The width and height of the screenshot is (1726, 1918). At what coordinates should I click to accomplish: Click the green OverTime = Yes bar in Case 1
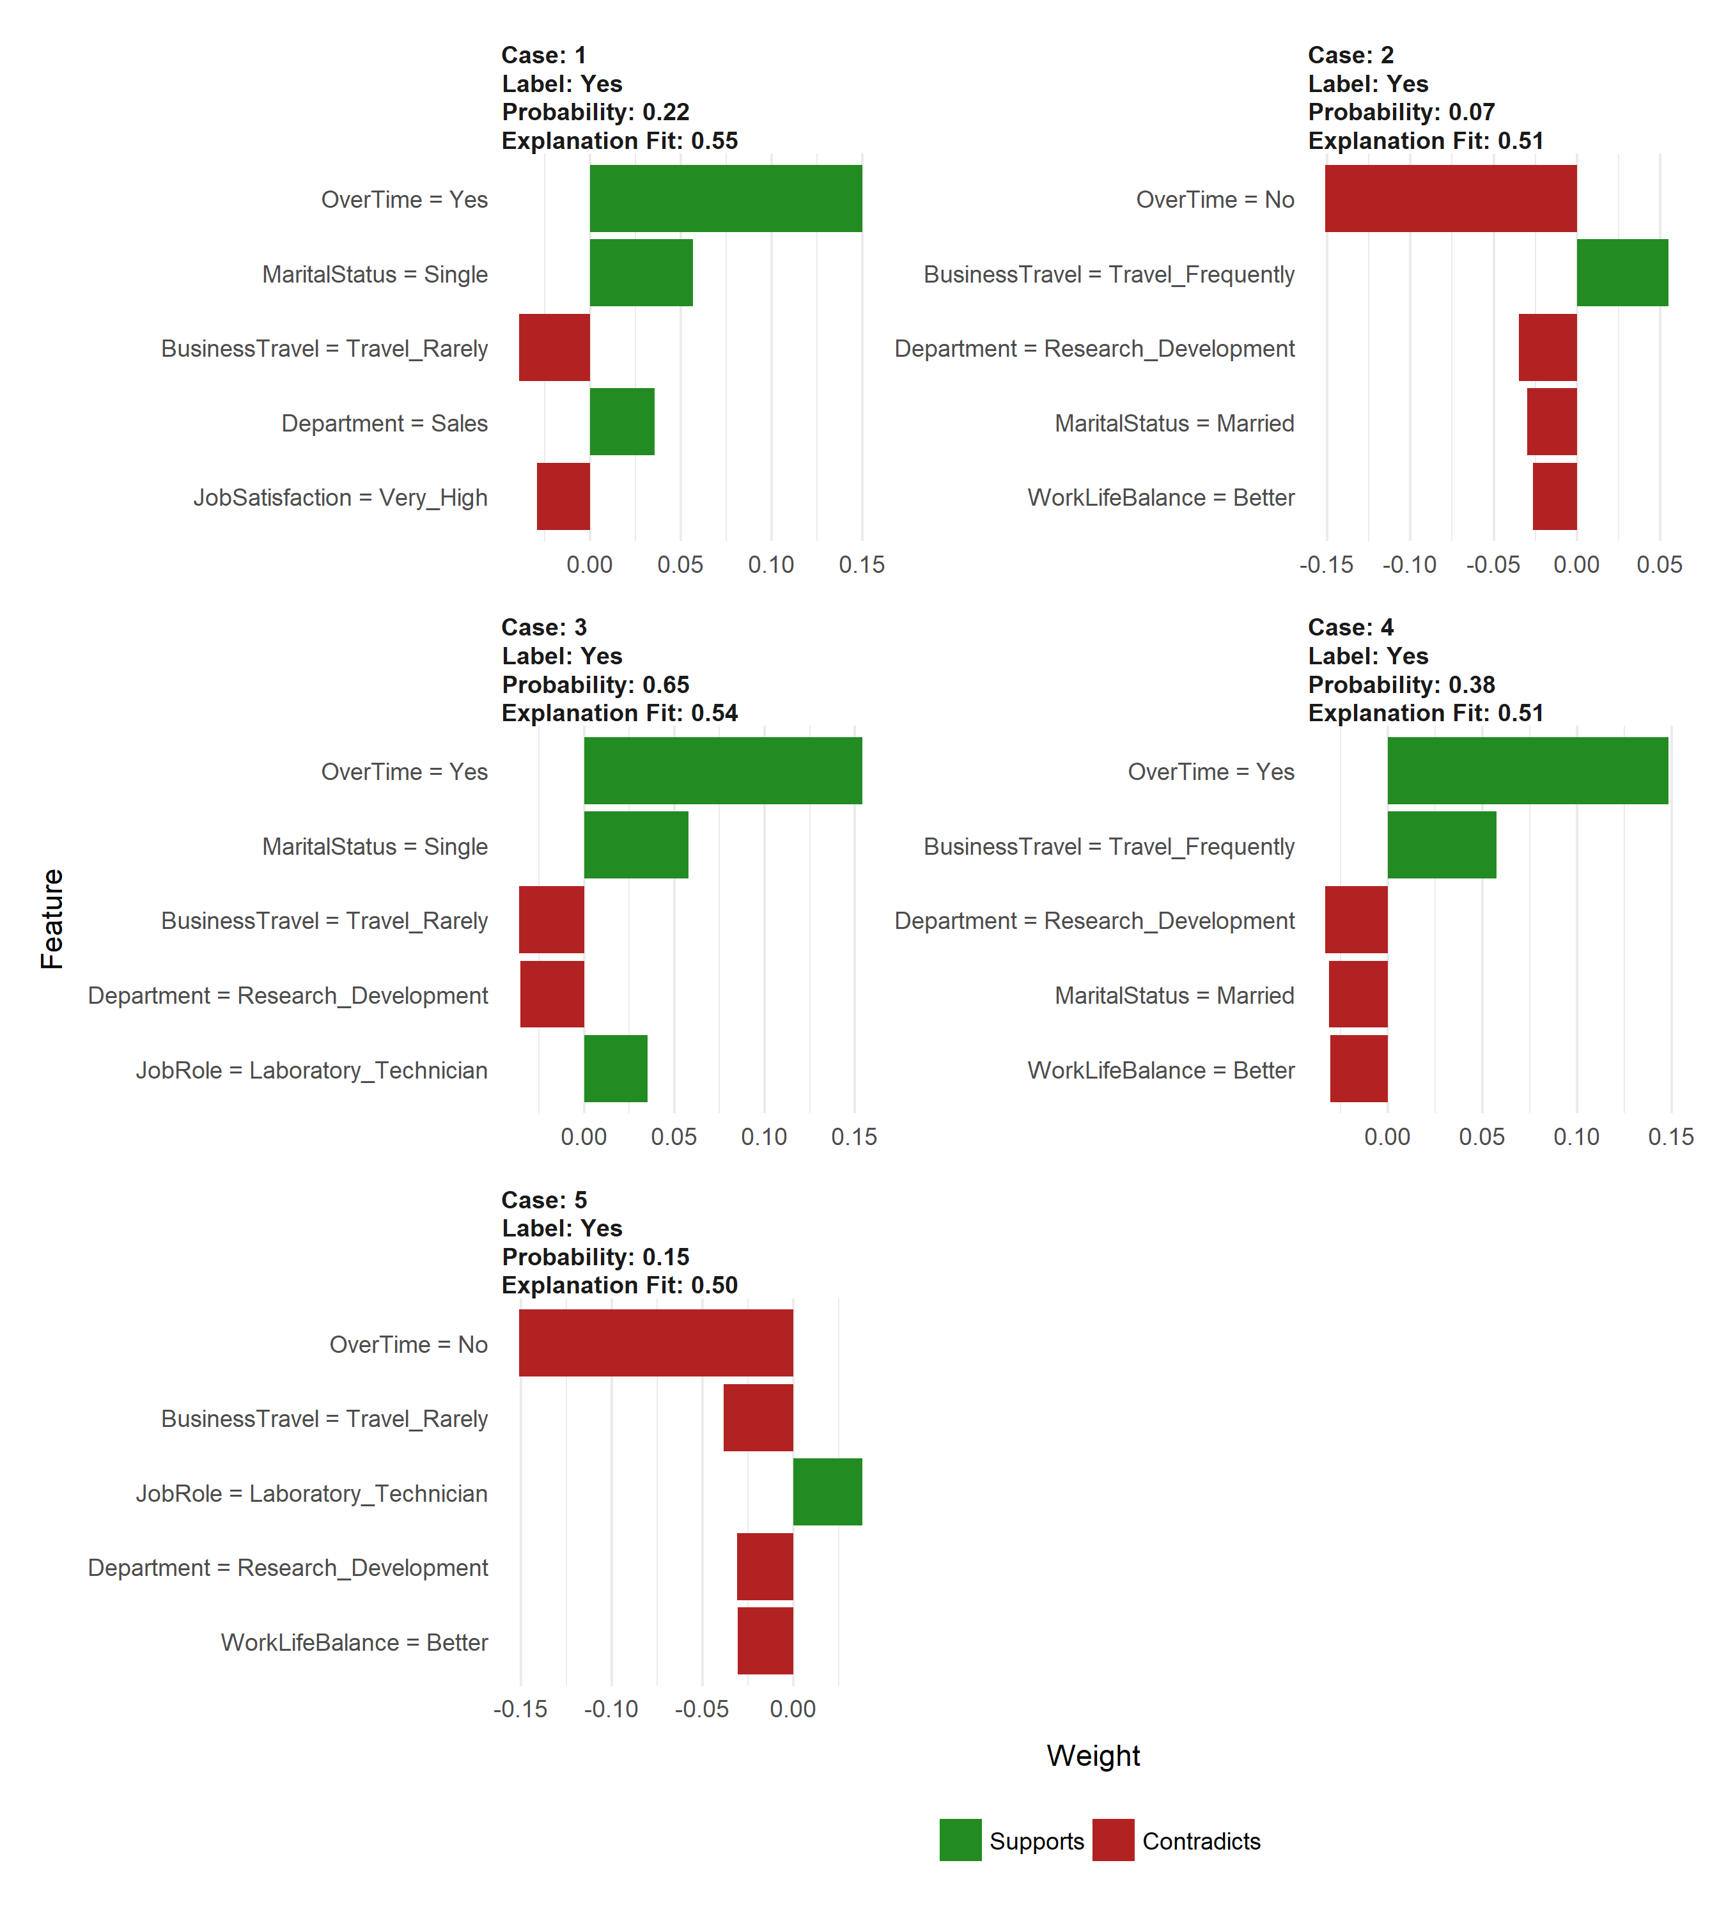726,198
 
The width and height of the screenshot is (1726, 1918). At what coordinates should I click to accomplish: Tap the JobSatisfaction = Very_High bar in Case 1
563,496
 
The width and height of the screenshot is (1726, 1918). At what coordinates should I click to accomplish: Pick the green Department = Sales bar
622,421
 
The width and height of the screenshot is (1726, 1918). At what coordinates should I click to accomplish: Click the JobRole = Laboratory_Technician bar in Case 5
827,1491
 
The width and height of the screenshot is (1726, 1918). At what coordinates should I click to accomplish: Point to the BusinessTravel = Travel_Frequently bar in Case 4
1442,844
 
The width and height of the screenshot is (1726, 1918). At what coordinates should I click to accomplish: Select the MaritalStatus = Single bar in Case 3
635,844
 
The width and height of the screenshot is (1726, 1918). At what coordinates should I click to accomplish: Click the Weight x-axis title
1092,1755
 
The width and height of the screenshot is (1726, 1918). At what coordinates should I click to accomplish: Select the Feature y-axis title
52,918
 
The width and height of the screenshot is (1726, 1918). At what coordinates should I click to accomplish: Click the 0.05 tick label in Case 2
1659,565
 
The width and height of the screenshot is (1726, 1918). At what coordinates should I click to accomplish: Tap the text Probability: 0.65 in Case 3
596,684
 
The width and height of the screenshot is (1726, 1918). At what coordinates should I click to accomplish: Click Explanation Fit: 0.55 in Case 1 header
619,141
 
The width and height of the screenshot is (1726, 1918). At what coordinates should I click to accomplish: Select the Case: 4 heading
1351,627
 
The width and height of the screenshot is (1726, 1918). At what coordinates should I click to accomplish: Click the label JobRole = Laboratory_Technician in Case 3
311,1070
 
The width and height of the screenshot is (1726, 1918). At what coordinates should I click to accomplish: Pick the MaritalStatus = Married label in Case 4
1174,995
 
